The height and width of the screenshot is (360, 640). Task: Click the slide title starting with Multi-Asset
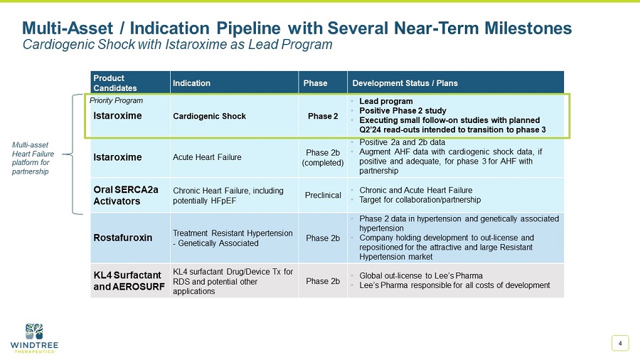[297, 28]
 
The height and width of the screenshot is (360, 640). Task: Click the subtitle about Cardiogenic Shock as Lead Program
[178, 45]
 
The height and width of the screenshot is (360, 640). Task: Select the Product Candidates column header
[110, 83]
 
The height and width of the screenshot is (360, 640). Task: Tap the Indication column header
[191, 83]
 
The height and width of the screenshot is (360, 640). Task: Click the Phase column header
[315, 83]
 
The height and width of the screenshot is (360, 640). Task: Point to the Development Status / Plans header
[405, 83]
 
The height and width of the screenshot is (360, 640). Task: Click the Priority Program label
[116, 101]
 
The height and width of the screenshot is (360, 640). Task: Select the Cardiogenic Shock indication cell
[209, 116]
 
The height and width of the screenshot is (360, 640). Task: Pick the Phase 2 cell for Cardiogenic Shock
[323, 116]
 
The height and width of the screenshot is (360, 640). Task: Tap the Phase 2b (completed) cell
[323, 157]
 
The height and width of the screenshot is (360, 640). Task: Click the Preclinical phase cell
[323, 195]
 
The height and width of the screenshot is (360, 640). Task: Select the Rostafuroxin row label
[123, 238]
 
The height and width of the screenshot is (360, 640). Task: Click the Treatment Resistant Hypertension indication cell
[233, 238]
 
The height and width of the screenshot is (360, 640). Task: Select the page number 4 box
[620, 344]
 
